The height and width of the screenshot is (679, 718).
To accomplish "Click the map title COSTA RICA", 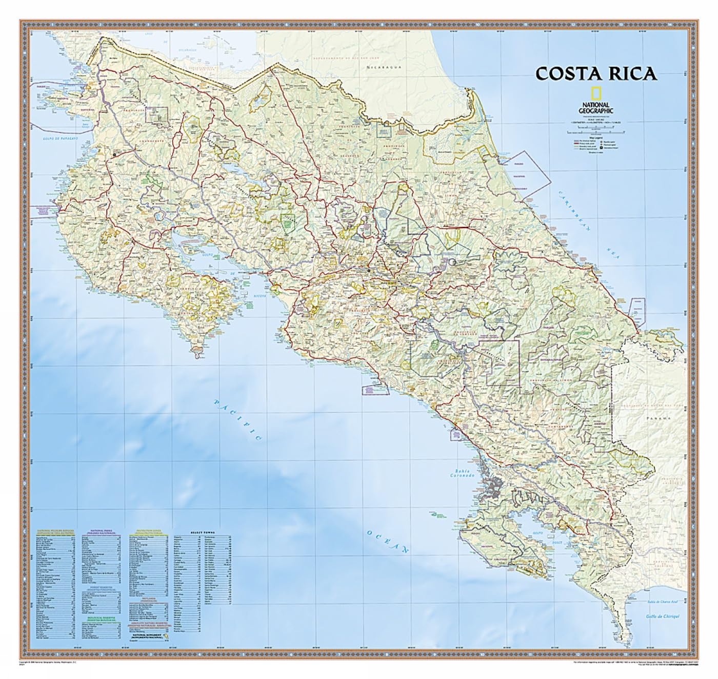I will (x=596, y=73).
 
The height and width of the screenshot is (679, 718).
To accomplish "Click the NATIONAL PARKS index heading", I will (x=102, y=533).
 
